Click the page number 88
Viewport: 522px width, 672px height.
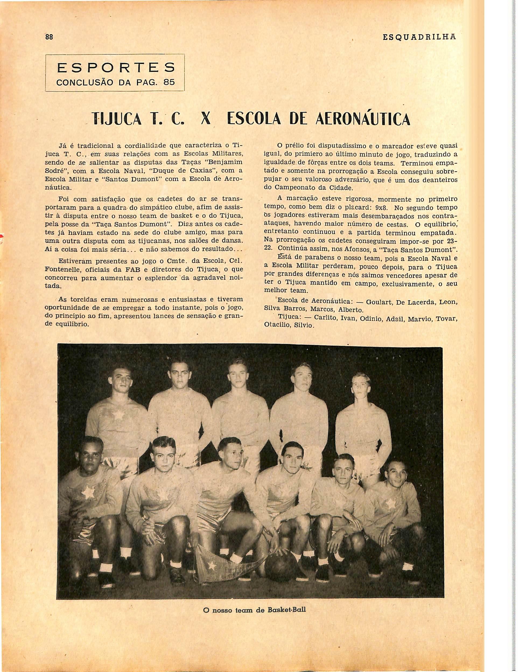pos(49,37)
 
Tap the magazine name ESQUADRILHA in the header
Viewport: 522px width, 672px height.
pos(419,37)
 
